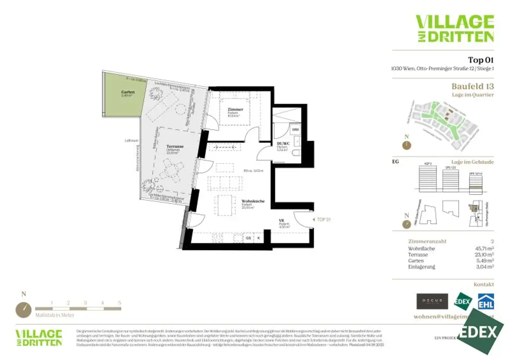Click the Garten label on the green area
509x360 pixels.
point(128,92)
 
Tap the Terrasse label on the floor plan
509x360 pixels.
point(175,147)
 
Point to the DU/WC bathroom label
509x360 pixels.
point(283,144)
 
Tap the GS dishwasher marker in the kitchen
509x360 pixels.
point(249,238)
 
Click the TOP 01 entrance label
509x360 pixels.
point(324,219)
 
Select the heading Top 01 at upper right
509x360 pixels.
point(481,60)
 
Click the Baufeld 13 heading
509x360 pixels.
point(472,86)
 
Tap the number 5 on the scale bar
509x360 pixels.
point(119,302)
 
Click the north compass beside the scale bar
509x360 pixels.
point(23,309)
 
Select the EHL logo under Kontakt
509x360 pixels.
point(486,301)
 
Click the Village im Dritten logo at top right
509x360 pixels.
point(454,28)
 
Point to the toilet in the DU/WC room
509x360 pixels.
point(296,154)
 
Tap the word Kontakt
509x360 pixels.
point(484,284)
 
